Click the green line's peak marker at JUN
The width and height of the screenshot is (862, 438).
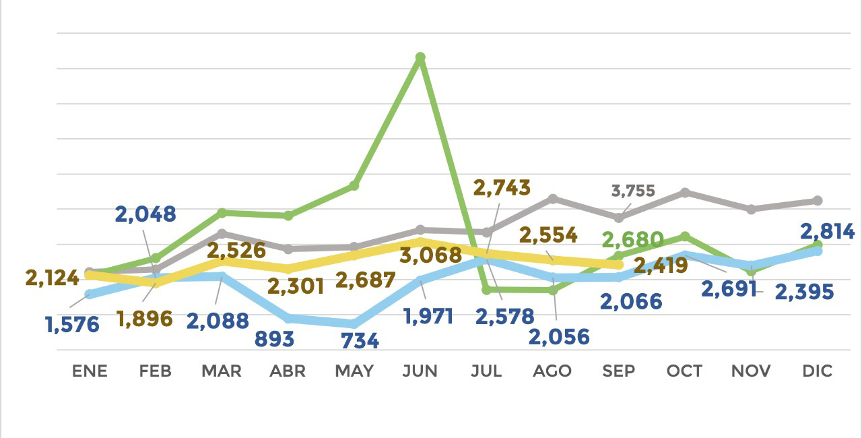(420, 58)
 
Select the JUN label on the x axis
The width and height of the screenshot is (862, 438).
(420, 371)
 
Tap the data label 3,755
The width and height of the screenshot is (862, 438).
(632, 191)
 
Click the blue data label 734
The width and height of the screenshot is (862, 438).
(360, 341)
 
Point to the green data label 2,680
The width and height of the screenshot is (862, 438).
(632, 240)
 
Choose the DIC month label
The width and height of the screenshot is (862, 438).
(818, 371)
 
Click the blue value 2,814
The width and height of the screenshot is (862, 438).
(827, 232)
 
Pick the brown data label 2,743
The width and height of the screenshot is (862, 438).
(502, 188)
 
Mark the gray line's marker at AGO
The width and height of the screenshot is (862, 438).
(552, 198)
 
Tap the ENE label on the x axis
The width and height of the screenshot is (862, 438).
(90, 371)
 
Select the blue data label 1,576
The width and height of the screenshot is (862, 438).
(72, 325)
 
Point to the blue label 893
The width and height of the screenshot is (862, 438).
(274, 339)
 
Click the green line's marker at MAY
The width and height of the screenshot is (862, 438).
(354, 185)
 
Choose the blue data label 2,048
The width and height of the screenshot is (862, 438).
(145, 214)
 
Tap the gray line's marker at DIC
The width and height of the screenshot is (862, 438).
(818, 200)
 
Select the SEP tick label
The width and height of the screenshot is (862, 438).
(619, 371)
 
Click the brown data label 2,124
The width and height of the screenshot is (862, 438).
(52, 277)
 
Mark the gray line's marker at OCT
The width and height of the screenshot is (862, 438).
(685, 192)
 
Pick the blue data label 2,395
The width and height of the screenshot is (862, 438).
(804, 292)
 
